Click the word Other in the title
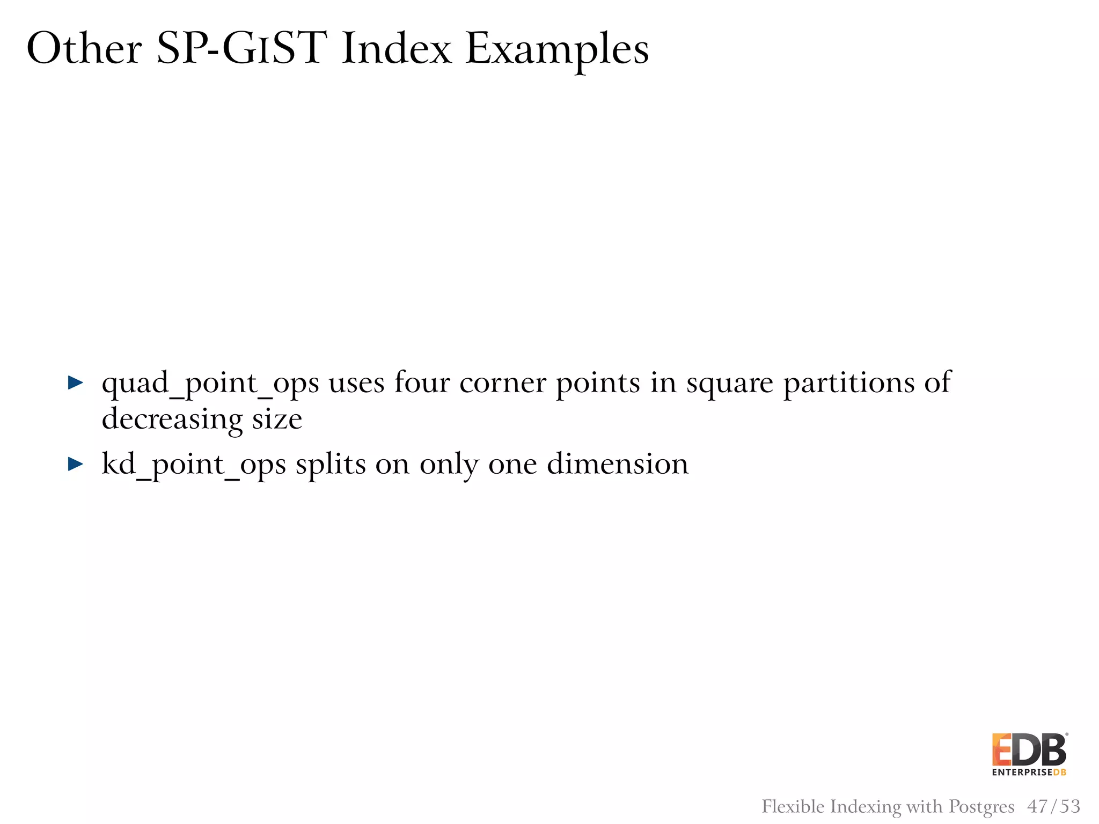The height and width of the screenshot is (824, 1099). (84, 49)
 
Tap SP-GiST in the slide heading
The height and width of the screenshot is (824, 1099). (241, 49)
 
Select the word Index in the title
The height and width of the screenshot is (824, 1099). (397, 49)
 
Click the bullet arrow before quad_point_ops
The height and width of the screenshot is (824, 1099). (76, 383)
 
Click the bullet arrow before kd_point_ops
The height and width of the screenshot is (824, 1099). (76, 464)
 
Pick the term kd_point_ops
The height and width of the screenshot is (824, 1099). (194, 465)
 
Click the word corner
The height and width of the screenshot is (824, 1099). (503, 384)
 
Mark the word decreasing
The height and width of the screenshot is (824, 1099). (172, 420)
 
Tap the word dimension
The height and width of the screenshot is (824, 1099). (617, 464)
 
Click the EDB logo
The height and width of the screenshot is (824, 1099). (1029, 749)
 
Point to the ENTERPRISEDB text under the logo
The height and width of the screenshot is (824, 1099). (1029, 772)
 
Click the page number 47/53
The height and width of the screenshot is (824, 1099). (1053, 806)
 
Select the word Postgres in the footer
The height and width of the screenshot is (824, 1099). (981, 807)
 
